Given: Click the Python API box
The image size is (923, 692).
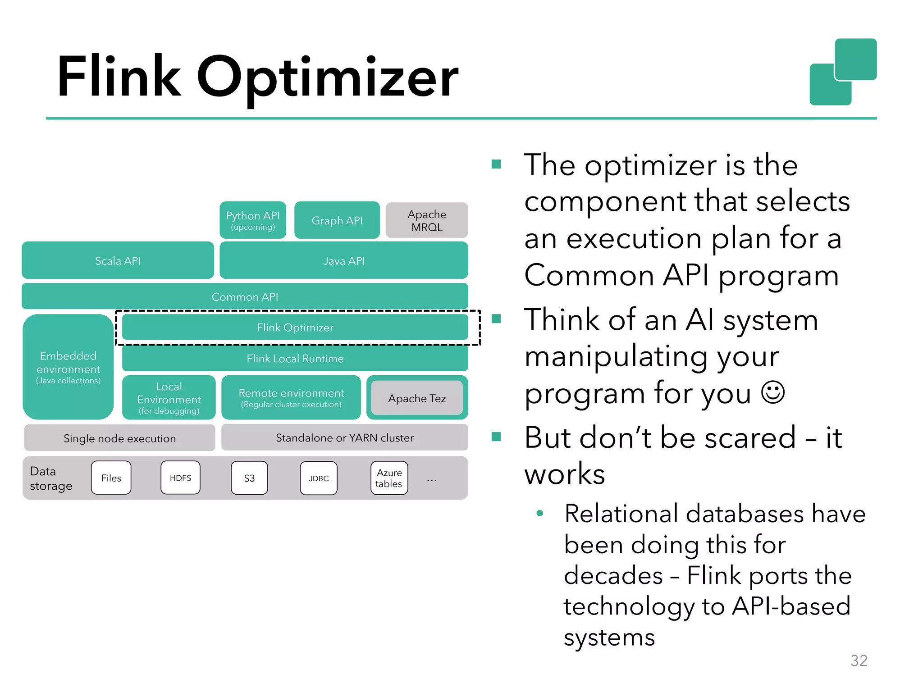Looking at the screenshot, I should (x=253, y=220).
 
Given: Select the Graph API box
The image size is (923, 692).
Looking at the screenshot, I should (x=337, y=220).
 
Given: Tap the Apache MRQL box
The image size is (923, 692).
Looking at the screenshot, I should (x=427, y=220).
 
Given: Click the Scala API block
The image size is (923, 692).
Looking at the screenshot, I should (x=118, y=260).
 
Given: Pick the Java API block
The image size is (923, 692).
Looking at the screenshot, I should (x=343, y=260).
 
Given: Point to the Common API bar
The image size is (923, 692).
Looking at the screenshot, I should (x=245, y=296).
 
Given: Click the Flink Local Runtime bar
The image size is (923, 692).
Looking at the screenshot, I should (x=295, y=358).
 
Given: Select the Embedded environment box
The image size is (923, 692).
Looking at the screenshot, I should (x=68, y=367).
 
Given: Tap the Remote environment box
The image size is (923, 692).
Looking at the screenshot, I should (x=291, y=397).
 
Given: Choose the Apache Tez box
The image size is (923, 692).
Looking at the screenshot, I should (x=417, y=398).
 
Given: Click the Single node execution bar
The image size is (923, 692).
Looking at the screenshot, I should (x=119, y=438).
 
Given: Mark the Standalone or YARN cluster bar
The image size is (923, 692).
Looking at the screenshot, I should (x=344, y=437).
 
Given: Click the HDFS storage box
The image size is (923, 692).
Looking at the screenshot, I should (x=180, y=478).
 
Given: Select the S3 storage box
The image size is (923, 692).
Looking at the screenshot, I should (x=249, y=478).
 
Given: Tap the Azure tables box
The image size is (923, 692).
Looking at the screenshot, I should (x=389, y=478).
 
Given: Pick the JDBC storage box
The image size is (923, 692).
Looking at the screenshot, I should (x=319, y=478).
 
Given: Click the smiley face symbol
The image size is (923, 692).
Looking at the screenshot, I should (x=773, y=392).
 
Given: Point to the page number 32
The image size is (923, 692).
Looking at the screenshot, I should (x=859, y=660).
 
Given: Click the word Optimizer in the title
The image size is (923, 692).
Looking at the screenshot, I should (x=328, y=77).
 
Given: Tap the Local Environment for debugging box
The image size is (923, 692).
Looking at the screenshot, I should (x=169, y=398).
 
